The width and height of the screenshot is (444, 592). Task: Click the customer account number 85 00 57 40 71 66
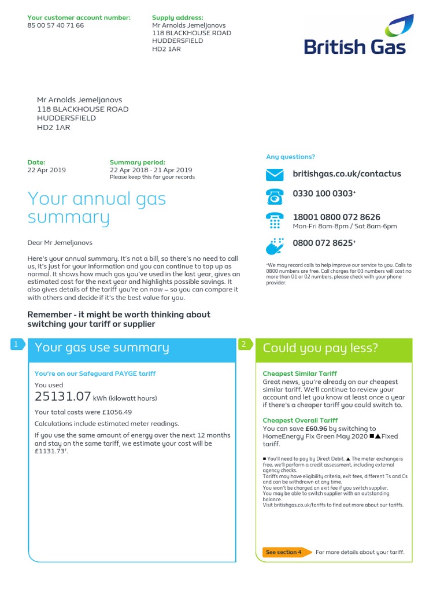[x=55, y=25]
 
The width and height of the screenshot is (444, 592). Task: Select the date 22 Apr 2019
[x=47, y=170]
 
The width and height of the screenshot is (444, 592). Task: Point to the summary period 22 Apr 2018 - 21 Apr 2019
[x=150, y=170]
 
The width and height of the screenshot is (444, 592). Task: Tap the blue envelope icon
[x=275, y=174]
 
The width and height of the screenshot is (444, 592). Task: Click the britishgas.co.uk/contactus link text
[x=347, y=174]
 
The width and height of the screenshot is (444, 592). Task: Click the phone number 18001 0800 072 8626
[x=336, y=217]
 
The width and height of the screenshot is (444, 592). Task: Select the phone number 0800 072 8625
[x=323, y=243]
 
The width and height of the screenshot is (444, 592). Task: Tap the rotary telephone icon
[x=275, y=197]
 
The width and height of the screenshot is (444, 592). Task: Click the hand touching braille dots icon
[x=275, y=246]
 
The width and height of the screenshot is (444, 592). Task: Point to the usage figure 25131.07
[x=63, y=397]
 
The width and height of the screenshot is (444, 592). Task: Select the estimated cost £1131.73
[x=51, y=452]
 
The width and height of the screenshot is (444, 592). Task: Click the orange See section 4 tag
[x=284, y=552]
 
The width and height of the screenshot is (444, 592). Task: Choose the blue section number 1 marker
[x=16, y=345]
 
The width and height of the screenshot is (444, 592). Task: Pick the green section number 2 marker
[x=244, y=345]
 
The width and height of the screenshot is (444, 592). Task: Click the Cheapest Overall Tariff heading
[x=300, y=420]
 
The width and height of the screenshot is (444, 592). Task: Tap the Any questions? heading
[x=290, y=157]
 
